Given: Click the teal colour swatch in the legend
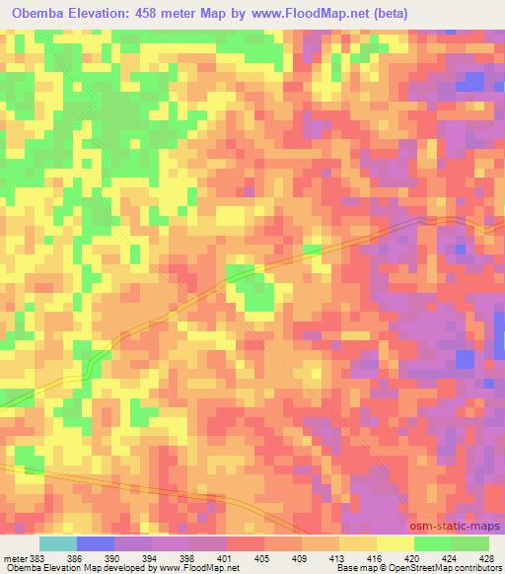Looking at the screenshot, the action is click(58, 544).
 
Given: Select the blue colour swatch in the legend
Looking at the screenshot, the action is click(96, 544).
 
